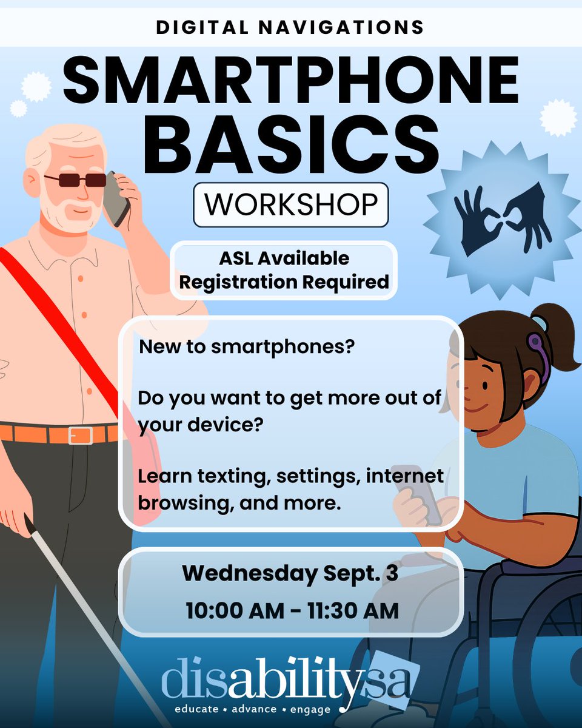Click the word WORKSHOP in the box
[x=290, y=205]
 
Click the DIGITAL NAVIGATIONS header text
[x=290, y=27]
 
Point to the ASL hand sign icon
[x=503, y=220]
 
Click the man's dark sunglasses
[x=75, y=180]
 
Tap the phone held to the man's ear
[x=116, y=199]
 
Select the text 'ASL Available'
[x=284, y=258]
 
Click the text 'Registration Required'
[x=284, y=281]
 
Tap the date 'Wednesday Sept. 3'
[x=290, y=573]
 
